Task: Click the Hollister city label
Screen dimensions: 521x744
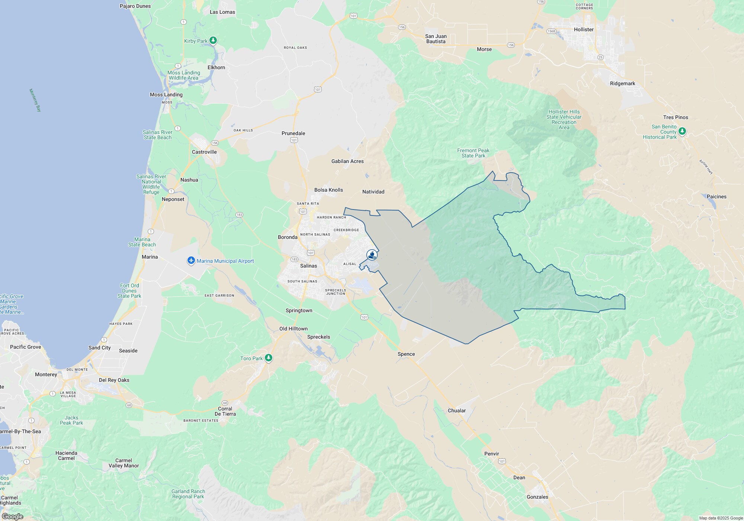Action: tap(584, 29)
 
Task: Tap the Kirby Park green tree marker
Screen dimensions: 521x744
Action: tap(213, 40)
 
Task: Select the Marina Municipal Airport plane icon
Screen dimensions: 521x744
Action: tap(191, 260)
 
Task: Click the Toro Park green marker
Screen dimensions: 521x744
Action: tap(269, 358)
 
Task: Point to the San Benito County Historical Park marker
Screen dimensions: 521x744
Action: tap(682, 131)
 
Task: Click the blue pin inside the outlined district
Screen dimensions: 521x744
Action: tap(372, 255)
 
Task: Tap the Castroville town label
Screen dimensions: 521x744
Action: tap(204, 152)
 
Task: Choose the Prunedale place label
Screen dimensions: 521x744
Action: tap(293, 133)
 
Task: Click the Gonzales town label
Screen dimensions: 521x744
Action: tap(537, 497)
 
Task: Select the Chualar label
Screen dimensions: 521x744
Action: tap(456, 410)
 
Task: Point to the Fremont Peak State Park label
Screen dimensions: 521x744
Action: tap(473, 153)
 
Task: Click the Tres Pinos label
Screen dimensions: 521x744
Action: tap(676, 117)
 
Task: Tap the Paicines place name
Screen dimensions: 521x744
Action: tap(716, 196)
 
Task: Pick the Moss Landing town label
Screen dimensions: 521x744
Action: tap(166, 95)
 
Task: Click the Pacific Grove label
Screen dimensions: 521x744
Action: tap(26, 347)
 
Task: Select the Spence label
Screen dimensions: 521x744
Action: tap(406, 354)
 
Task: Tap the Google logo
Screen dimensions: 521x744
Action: tap(13, 516)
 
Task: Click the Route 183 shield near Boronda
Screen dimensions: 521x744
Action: tap(294, 259)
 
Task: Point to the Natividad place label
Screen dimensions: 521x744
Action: tap(373, 192)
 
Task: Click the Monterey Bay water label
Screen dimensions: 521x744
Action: tap(35, 100)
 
